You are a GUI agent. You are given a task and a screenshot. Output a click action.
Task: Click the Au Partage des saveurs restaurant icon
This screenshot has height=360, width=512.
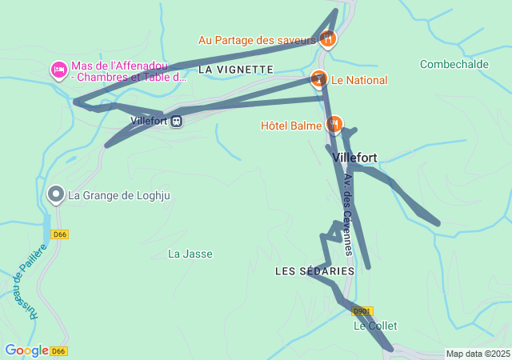(x=327, y=38)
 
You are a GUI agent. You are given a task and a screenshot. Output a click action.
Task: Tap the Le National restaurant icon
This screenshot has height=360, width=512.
(x=319, y=79)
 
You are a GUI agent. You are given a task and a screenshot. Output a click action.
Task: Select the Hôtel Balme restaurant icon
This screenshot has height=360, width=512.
(x=334, y=125)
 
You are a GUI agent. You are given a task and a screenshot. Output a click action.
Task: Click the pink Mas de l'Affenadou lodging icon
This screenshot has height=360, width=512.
(x=58, y=70)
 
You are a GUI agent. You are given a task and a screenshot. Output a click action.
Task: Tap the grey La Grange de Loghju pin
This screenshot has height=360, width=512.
(x=56, y=194)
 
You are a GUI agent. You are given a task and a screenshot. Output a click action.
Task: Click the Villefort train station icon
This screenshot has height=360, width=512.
(x=176, y=122)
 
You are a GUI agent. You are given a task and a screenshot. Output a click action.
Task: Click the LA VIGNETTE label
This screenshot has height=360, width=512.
(x=235, y=70)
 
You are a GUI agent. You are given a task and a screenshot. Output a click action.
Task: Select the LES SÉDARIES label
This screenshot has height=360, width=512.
(x=314, y=271)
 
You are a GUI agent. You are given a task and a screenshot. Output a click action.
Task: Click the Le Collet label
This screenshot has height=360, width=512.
(x=375, y=326)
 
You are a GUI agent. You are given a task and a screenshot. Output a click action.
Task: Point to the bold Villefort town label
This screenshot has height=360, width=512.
(x=354, y=158)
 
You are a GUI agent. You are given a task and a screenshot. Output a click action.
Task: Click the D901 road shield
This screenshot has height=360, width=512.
(x=362, y=311)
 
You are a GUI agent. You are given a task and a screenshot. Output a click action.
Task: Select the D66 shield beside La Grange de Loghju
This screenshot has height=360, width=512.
(x=59, y=234)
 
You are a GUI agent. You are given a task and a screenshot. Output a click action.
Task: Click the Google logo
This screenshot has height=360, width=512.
(x=26, y=350)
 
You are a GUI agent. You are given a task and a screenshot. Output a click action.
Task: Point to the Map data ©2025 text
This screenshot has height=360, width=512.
(x=478, y=354)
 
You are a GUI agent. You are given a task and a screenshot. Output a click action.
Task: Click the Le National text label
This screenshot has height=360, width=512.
(x=359, y=80)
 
